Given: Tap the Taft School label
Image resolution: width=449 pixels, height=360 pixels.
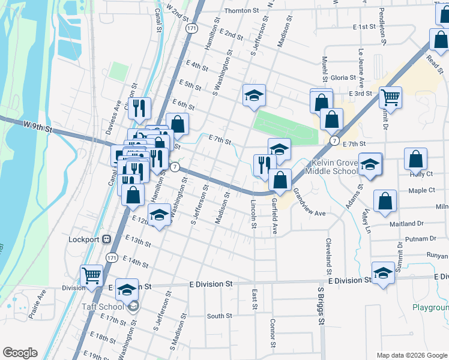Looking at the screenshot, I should click(x=103, y=307).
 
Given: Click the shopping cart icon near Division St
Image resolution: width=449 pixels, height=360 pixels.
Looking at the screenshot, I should click(x=92, y=276).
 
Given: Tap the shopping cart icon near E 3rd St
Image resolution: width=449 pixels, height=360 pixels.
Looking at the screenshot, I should click(x=390, y=97).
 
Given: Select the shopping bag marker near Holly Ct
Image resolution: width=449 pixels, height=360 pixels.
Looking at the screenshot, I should click(x=415, y=159).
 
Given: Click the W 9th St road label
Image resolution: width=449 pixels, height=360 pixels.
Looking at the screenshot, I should click(x=38, y=127).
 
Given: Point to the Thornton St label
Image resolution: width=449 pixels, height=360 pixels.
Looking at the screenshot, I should click(x=241, y=11).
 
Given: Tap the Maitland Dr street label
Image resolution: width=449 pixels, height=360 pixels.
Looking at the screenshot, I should click(x=406, y=224).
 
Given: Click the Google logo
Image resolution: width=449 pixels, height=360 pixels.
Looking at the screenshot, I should click(x=20, y=353).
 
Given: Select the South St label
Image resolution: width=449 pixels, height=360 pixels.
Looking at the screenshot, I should click(x=219, y=316).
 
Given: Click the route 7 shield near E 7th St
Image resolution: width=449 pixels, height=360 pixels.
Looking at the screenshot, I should click(x=334, y=140).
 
